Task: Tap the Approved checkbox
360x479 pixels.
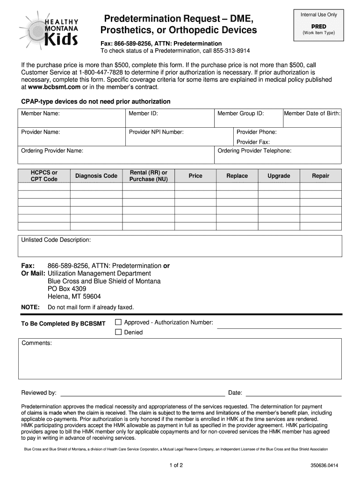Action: click(x=118, y=322)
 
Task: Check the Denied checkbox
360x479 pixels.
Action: click(x=118, y=332)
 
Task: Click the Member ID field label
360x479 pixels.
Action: click(x=143, y=114)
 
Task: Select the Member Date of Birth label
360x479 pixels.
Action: click(x=312, y=114)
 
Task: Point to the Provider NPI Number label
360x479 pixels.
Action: click(x=156, y=132)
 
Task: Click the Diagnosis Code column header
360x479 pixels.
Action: click(x=96, y=176)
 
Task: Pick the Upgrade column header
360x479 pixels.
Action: click(x=279, y=176)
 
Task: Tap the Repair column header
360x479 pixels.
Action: click(x=321, y=176)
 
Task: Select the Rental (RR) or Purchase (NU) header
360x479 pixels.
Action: click(x=148, y=176)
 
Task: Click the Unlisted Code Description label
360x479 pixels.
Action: click(x=56, y=240)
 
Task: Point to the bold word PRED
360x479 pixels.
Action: click(x=318, y=27)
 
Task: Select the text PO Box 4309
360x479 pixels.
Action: click(x=67, y=289)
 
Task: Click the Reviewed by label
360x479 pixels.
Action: click(x=39, y=392)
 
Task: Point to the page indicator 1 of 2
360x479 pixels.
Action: click(x=180, y=465)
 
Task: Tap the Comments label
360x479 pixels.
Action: click(x=36, y=343)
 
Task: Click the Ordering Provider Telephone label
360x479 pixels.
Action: click(x=254, y=151)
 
